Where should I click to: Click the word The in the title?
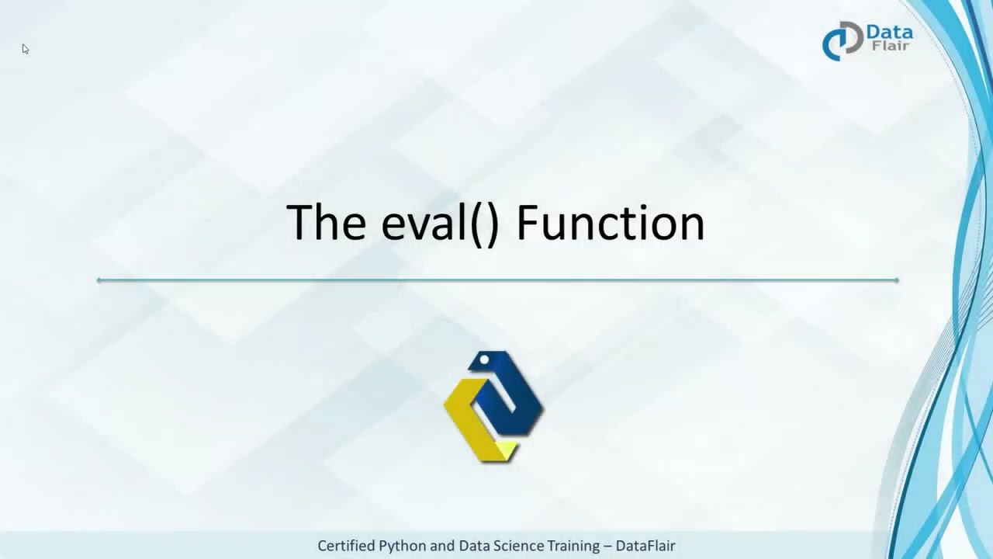(326, 223)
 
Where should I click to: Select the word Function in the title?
(610, 223)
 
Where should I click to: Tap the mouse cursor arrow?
(25, 49)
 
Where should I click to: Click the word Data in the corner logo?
(889, 33)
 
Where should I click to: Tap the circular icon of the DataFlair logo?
(842, 40)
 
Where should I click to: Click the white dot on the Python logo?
(484, 359)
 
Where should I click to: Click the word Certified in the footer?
(346, 546)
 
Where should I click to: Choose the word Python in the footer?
(403, 546)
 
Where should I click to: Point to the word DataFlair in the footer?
(645, 546)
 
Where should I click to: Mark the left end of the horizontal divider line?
(99, 279)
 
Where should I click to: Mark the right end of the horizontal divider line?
(897, 279)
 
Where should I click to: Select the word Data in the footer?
(475, 546)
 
